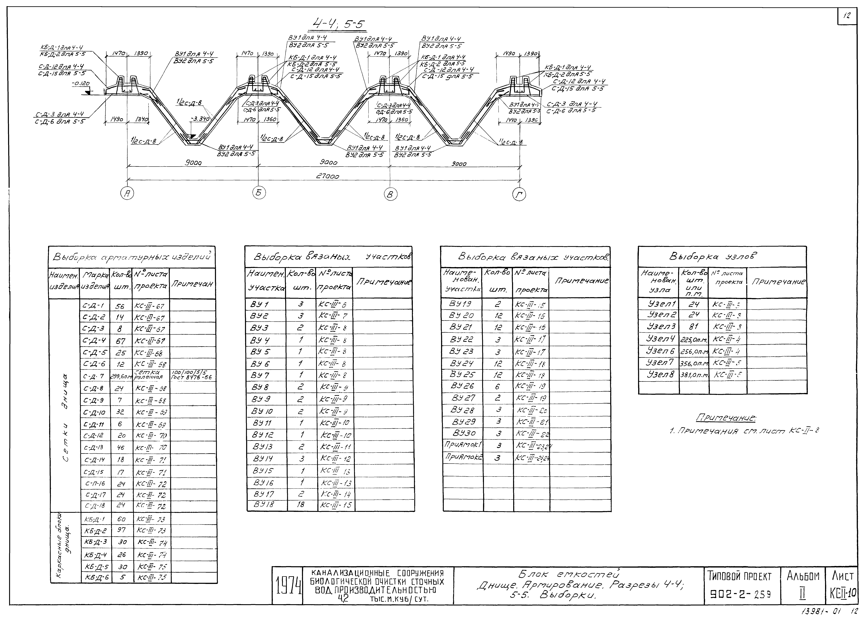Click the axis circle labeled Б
pos(259,193)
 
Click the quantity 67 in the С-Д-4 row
pos(120,341)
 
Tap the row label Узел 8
pos(661,374)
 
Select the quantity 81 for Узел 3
pos(693,327)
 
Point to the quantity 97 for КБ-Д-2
pos(122,530)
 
